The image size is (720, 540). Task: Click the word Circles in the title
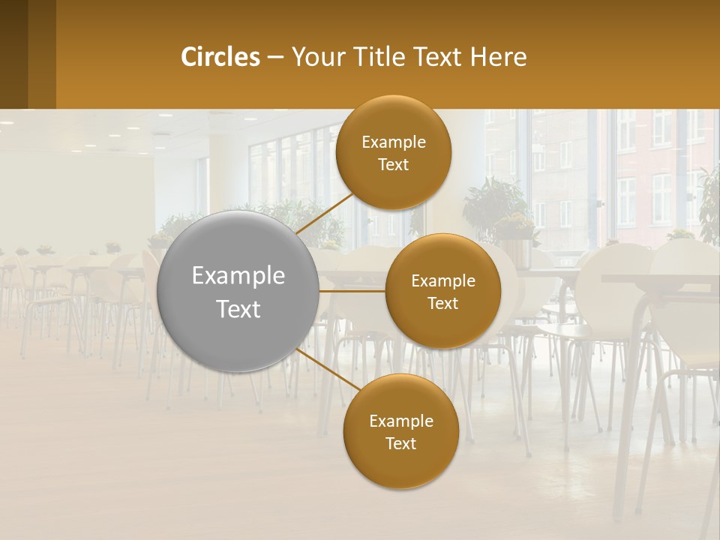click(220, 57)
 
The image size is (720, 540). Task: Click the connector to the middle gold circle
click(352, 291)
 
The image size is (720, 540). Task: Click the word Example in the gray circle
click(238, 276)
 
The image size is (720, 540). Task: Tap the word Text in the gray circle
click(238, 309)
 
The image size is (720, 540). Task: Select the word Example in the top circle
click(394, 142)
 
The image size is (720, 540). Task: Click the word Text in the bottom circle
click(400, 443)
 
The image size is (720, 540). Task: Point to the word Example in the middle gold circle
click(443, 280)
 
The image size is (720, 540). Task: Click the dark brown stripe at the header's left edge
click(13, 54)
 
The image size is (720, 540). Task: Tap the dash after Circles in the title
click(274, 57)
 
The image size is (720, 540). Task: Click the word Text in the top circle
click(394, 164)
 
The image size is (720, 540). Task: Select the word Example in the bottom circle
click(400, 421)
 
